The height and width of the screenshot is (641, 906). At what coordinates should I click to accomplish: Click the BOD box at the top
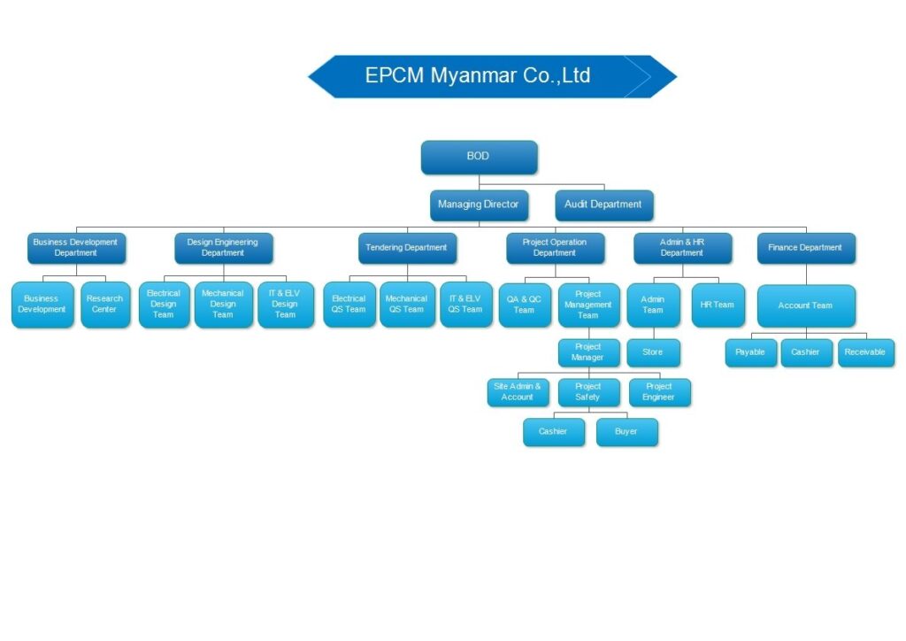[x=479, y=157]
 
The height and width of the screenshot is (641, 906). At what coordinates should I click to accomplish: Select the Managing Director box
[x=479, y=205]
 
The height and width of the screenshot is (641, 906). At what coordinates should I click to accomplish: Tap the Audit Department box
[x=603, y=205]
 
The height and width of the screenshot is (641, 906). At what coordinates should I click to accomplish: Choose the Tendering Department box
[x=407, y=248]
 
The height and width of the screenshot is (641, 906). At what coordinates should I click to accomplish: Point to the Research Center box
[x=105, y=305]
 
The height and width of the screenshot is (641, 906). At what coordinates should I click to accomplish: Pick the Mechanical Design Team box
[x=223, y=305]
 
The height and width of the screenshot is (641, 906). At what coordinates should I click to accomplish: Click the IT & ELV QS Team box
[x=465, y=305]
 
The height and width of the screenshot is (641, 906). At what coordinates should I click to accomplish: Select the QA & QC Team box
[x=525, y=305]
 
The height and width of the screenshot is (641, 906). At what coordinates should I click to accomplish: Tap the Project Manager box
[x=588, y=352]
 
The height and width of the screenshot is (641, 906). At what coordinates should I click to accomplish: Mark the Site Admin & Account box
[x=518, y=392]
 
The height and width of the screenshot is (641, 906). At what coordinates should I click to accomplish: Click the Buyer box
[x=626, y=432]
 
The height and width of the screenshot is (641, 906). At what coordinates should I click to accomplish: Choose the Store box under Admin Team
[x=653, y=352]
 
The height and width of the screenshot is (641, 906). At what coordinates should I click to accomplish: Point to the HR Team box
[x=718, y=305]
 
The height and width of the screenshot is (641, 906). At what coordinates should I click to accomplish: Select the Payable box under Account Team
[x=750, y=352]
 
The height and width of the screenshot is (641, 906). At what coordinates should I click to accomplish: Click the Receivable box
[x=865, y=352]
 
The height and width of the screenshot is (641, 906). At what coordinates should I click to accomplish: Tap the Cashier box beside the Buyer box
[x=554, y=432]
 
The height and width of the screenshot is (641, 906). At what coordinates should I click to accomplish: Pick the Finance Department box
[x=806, y=248]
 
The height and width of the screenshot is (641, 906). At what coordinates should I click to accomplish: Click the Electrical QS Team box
[x=349, y=305]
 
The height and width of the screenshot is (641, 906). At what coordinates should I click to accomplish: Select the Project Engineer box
[x=659, y=392]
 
